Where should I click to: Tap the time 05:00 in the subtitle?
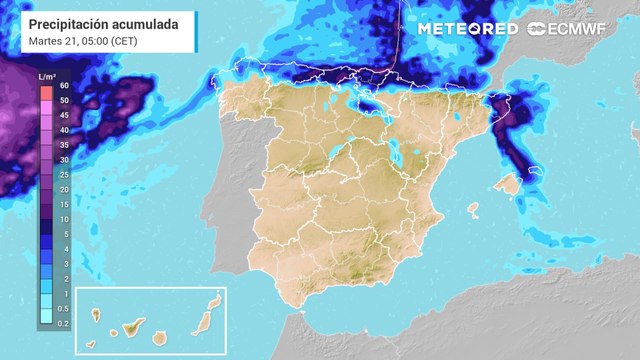101,41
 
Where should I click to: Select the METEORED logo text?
468,29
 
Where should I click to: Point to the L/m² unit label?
47,77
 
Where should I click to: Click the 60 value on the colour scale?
64,86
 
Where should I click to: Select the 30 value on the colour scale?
64,160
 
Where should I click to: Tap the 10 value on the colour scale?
64,219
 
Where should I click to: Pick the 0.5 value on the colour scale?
62,308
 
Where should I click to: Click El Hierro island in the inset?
98,340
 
